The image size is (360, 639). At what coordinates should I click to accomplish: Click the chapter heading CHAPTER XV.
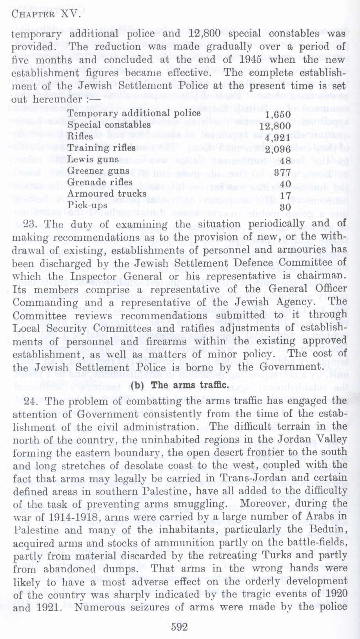coord(46,16)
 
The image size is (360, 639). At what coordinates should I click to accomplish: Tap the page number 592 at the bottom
coord(180,626)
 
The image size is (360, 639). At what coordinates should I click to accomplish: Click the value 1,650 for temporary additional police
coord(278,115)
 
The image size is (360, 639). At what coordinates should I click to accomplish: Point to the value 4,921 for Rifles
coord(278,138)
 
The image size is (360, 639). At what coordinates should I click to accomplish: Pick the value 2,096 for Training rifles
coord(278,149)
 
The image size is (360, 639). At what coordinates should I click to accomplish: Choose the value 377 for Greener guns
coord(282,172)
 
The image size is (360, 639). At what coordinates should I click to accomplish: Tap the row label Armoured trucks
coord(107,194)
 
